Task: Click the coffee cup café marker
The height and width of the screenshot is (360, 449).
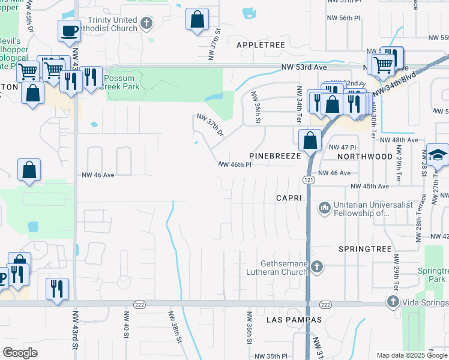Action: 70,30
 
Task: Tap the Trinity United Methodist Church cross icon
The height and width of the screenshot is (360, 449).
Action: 145,24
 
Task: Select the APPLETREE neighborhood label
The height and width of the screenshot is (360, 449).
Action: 258,45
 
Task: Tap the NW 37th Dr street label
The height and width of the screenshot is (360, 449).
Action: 211,124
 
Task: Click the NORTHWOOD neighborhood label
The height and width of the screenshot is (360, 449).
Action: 364,156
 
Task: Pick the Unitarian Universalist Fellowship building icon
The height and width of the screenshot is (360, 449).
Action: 325,208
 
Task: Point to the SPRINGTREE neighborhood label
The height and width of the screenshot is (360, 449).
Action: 364,248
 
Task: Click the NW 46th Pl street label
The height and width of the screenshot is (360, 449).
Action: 234,164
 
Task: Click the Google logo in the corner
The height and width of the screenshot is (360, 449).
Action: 20,353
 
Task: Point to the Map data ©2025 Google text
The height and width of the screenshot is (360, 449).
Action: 411,355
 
